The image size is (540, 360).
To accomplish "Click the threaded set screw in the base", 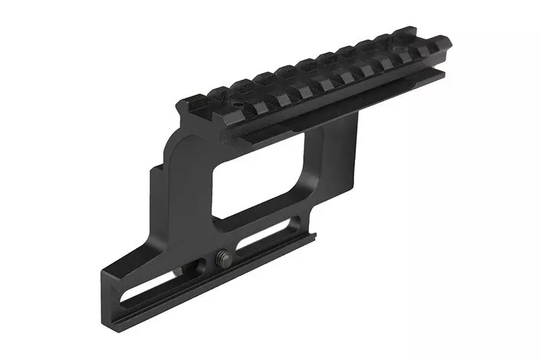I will point(223,257).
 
